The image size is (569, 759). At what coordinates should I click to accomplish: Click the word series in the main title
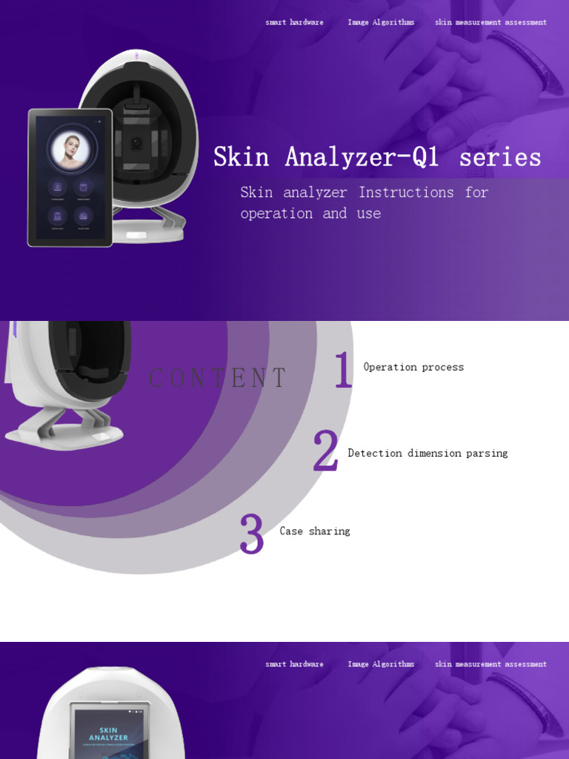[500, 157]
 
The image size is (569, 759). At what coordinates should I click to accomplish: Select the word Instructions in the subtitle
[406, 193]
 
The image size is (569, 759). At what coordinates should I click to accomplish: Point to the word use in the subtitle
[368, 213]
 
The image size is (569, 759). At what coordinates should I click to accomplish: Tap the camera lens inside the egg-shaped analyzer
[136, 143]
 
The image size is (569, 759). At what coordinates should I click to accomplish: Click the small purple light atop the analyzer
[136, 56]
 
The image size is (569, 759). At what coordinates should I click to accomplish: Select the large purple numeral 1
[342, 371]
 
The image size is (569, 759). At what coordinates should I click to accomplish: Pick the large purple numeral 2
[325, 451]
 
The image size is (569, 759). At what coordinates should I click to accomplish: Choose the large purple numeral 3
[251, 534]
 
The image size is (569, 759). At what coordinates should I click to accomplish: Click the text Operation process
[413, 367]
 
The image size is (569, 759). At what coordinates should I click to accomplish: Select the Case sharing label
[315, 531]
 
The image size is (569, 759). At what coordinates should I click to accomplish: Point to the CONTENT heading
[217, 378]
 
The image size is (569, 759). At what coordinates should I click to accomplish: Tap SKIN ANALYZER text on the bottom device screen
[109, 734]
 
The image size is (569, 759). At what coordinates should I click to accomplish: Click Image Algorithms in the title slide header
[381, 22]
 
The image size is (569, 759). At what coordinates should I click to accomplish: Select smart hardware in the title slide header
[294, 22]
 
